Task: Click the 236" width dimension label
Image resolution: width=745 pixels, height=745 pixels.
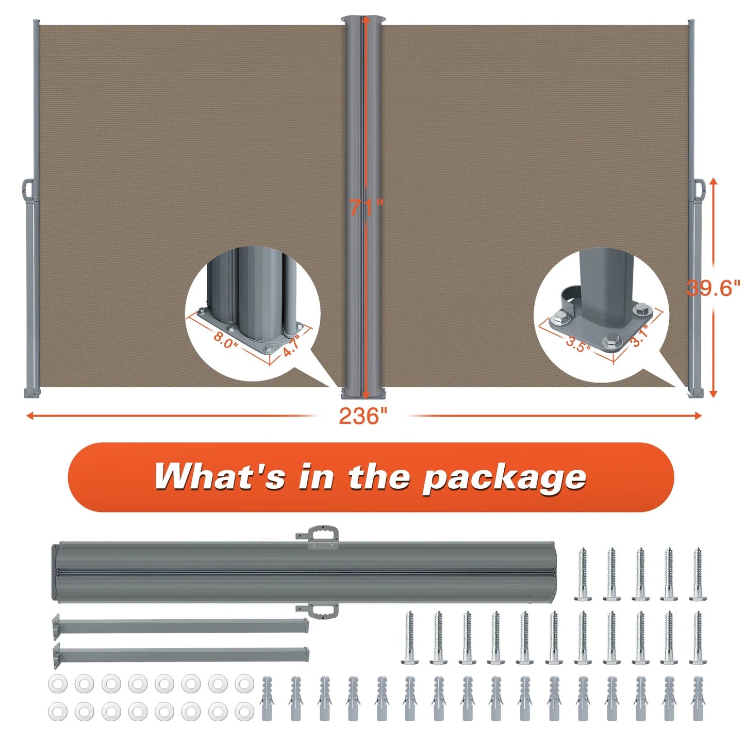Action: coord(362,416)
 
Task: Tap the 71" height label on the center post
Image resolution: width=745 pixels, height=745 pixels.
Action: coord(367,207)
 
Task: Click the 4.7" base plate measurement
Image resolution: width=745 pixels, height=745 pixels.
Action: coord(291,345)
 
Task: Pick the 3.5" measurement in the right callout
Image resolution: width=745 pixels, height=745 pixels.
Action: coord(578,344)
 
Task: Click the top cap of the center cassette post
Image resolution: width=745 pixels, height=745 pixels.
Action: coord(363,20)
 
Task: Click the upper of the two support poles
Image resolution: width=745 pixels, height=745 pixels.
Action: coord(180,625)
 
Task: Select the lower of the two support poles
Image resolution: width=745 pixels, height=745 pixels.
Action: coord(180,654)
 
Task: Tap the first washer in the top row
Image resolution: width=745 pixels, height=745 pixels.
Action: coord(57,684)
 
